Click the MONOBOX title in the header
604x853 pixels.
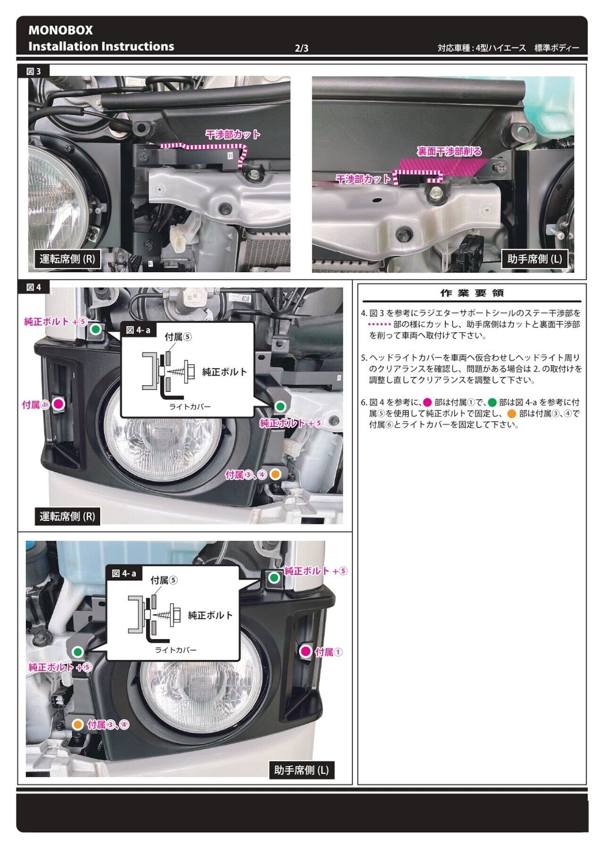click(x=60, y=30)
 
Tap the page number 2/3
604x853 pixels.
click(x=302, y=48)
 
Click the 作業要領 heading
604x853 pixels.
click(x=472, y=293)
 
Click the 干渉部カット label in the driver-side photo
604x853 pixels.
click(x=233, y=134)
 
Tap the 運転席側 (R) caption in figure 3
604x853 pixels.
click(x=67, y=259)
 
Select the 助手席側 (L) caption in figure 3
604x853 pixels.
click(x=535, y=259)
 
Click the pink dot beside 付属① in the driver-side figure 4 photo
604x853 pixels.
click(x=59, y=404)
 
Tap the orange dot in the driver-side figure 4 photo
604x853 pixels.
click(x=276, y=475)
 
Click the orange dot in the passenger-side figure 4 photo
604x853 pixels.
click(x=78, y=724)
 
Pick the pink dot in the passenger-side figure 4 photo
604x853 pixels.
click(x=306, y=652)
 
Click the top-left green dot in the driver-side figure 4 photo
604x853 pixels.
click(x=96, y=329)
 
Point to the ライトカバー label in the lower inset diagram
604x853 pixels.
click(x=176, y=650)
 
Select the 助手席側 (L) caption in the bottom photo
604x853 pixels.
click(x=302, y=771)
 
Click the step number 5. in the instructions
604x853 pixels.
click(x=364, y=357)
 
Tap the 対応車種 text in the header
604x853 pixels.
click(x=453, y=48)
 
